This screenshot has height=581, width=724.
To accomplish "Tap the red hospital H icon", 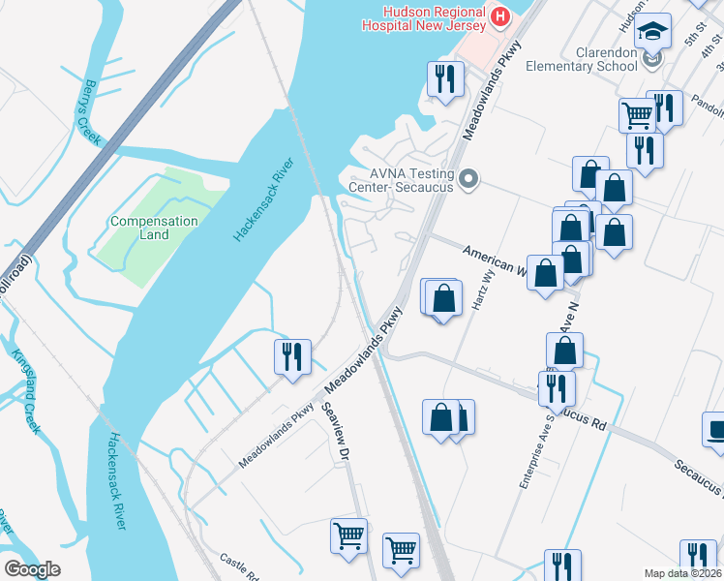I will [500, 16].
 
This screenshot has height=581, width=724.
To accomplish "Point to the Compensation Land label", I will [154, 228].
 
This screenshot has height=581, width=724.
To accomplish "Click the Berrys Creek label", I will [91, 112].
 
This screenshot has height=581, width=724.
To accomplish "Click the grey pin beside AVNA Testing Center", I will [469, 178].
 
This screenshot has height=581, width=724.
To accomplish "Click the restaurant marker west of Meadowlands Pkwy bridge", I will [291, 356].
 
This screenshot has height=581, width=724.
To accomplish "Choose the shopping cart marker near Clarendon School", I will [637, 114].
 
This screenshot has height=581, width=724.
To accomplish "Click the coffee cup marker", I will [715, 428].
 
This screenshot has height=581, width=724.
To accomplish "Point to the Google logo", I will [32, 569].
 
